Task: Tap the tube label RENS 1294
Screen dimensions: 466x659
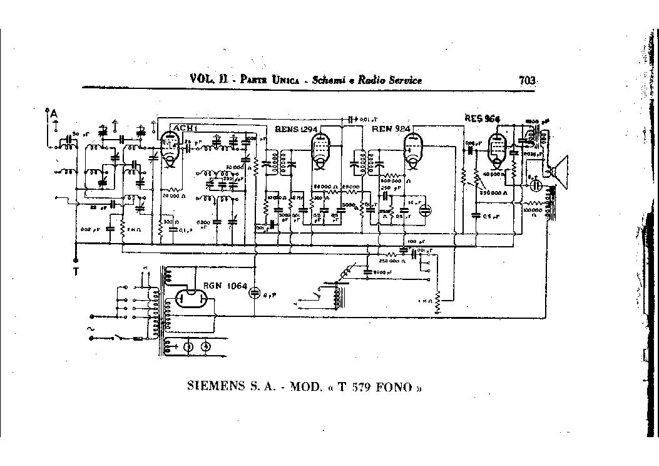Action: pyautogui.click(x=296, y=129)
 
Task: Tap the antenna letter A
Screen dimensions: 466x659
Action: pyautogui.click(x=54, y=113)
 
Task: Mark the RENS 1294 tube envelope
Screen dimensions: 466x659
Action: pyautogui.click(x=320, y=152)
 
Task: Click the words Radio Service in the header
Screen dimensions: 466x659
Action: pyautogui.click(x=392, y=80)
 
